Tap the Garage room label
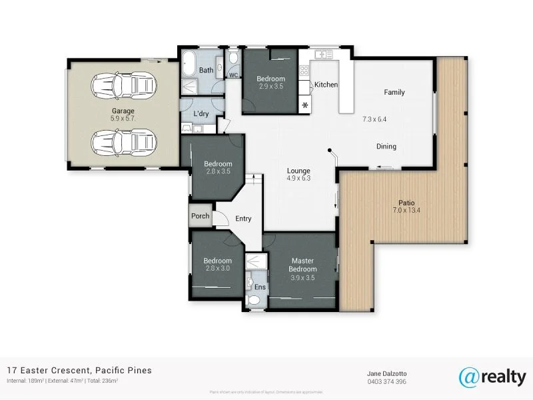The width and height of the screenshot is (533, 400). (x=123, y=111)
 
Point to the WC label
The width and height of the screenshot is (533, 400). (x=233, y=75)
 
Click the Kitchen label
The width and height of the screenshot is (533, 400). (x=326, y=85)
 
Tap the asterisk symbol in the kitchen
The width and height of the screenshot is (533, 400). (x=306, y=105)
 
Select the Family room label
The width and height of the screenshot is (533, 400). (x=394, y=92)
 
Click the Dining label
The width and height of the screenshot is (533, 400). (x=386, y=147)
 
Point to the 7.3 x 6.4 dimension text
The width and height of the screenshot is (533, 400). (x=374, y=120)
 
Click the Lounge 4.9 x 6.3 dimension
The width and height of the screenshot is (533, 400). (x=298, y=178)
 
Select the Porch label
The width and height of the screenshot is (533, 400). (x=200, y=215)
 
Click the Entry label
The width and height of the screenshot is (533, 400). (x=243, y=219)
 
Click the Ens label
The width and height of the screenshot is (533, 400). (x=259, y=287)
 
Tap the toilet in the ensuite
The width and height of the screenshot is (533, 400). (x=254, y=301)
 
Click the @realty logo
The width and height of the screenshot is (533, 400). (x=492, y=376)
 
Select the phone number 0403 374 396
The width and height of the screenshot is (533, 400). (x=386, y=382)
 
